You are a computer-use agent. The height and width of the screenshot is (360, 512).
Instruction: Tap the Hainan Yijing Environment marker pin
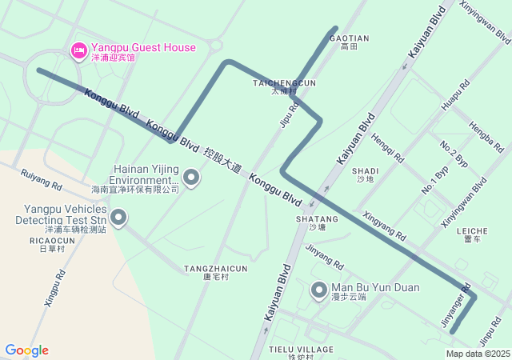pos(191,177)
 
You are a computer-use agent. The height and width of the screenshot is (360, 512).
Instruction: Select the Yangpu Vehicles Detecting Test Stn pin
pos(118,217)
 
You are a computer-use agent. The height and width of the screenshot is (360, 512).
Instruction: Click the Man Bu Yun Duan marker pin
pos(319,290)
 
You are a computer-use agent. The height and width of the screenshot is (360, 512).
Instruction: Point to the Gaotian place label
pos(349,42)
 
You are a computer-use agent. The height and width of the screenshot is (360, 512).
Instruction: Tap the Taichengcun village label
pos(284,86)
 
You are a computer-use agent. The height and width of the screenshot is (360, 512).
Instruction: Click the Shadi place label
pos(365,175)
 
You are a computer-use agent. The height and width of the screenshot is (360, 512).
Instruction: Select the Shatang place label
pos(317,222)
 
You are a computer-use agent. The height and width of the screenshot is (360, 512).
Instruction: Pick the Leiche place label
pos(471,234)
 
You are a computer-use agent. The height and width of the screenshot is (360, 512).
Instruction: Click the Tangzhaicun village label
pos(215,273)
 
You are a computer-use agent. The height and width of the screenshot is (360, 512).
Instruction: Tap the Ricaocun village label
pos(52,244)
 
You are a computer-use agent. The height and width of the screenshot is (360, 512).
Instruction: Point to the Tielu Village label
pos(301,352)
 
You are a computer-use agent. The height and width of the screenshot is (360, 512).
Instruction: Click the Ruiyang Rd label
pos(41,178)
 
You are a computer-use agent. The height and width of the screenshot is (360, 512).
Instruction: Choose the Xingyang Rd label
pos(384,226)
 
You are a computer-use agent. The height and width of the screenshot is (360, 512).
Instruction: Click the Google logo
pos(26,350)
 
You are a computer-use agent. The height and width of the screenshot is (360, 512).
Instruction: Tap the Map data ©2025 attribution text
pos(478,354)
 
